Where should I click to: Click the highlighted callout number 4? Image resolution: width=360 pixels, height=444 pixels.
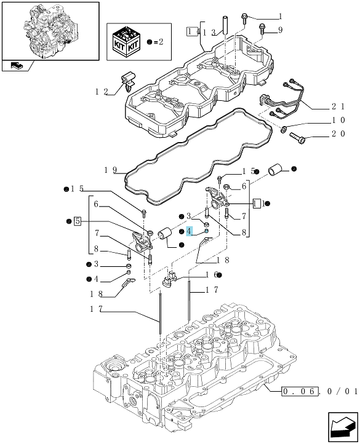189,231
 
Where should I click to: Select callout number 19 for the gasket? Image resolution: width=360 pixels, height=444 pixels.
110,170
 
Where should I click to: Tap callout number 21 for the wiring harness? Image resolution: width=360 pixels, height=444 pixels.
338,106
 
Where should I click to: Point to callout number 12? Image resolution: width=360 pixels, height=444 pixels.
102,92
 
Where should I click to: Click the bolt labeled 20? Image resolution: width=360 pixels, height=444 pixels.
297,138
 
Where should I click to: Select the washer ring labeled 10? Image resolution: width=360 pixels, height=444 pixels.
284,130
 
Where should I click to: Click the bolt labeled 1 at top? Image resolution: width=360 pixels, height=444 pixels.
244,18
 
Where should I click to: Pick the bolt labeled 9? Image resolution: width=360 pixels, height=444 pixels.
262,29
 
